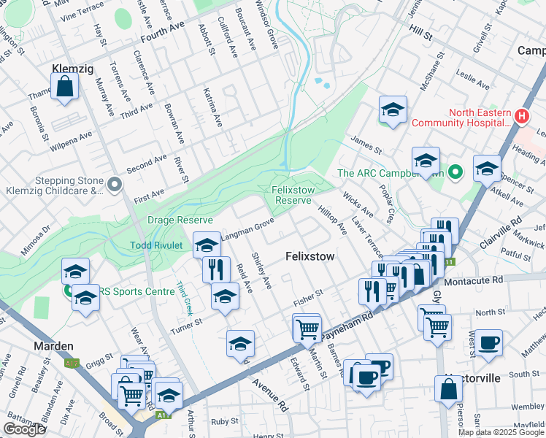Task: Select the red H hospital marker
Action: [x=521, y=116]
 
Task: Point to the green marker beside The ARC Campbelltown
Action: [x=455, y=173]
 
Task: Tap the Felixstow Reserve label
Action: [x=292, y=195]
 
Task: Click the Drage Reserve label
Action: [x=180, y=220]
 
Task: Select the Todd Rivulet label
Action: [x=156, y=245]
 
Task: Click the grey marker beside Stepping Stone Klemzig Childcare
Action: [x=114, y=186]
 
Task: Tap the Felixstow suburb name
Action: [x=309, y=257]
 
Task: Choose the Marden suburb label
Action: [x=53, y=345]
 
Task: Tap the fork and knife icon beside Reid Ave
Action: [x=216, y=269]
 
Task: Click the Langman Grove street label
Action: [x=250, y=225]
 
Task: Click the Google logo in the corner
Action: [x=24, y=429]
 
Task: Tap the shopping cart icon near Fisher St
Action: [x=307, y=328]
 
